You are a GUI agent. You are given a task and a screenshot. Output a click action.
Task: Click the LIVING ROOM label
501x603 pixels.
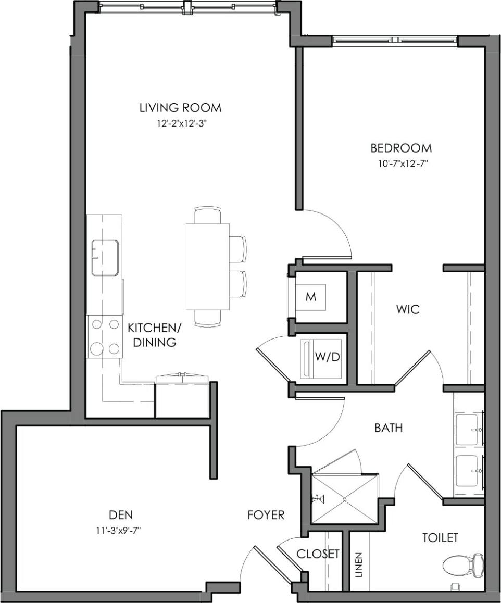[180, 108]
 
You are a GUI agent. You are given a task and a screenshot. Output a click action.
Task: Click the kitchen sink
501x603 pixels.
[105, 257]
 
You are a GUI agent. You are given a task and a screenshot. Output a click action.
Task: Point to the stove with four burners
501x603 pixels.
[104, 336]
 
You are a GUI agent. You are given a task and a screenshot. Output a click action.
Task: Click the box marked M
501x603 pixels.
[311, 297]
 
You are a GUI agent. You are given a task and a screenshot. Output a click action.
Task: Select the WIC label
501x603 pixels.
[407, 309]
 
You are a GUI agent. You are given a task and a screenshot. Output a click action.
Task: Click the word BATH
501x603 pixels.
[389, 428]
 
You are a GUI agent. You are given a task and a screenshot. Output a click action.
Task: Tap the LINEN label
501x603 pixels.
[359, 564]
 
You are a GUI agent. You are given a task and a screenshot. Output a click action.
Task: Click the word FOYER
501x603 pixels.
[266, 515]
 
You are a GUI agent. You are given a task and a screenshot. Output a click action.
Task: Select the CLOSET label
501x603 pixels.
[318, 554]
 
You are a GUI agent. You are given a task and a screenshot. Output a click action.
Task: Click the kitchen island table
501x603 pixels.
[208, 266]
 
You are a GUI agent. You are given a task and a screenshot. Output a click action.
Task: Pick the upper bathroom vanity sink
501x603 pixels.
[468, 429]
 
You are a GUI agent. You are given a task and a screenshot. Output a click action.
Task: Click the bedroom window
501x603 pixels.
[396, 40]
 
